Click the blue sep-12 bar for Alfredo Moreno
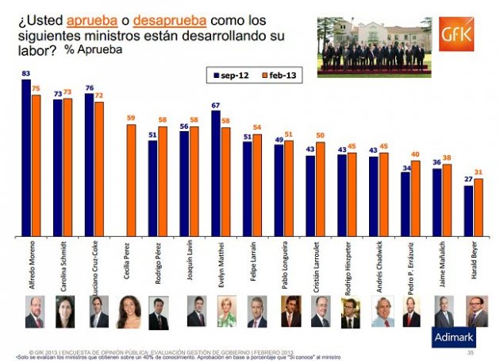tap(26, 158)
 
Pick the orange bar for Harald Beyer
tap(478, 208)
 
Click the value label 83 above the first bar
tap(25, 73)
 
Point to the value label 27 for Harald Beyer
tap(468, 180)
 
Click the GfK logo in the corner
tap(463, 36)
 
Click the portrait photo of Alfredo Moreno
tap(34, 311)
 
